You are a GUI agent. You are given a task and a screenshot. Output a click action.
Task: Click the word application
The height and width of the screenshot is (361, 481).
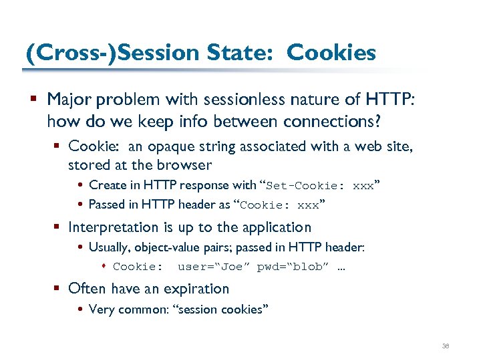pyautogui.click(x=278, y=227)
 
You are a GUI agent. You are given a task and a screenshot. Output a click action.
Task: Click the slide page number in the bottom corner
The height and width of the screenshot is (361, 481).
pyautogui.click(x=446, y=346)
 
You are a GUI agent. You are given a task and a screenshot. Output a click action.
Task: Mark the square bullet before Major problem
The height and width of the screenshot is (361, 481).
pyautogui.click(x=34, y=100)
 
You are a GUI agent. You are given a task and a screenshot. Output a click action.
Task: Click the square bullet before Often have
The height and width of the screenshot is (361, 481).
pyautogui.click(x=57, y=289)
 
